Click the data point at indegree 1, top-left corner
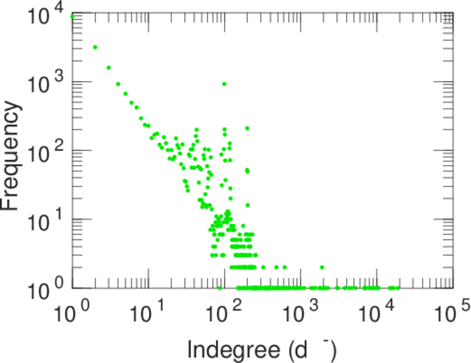(73, 16)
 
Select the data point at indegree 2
(95, 47)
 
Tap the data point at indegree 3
(108, 68)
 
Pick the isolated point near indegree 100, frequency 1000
(224, 84)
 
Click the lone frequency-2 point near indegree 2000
(322, 267)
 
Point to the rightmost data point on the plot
(398, 288)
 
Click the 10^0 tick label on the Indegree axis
(72, 315)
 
